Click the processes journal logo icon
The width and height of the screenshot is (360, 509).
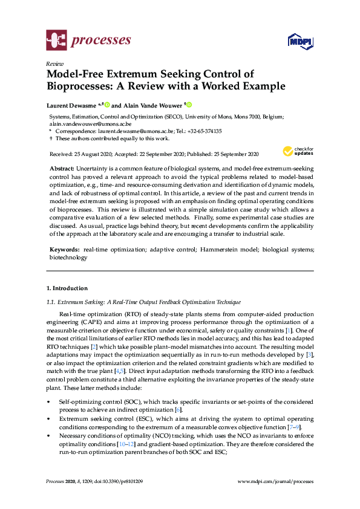point(56,41)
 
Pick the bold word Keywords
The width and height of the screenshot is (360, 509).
point(62,248)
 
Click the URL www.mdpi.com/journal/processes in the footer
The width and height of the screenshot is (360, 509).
point(276,481)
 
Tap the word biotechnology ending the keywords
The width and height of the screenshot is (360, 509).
point(68,257)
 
